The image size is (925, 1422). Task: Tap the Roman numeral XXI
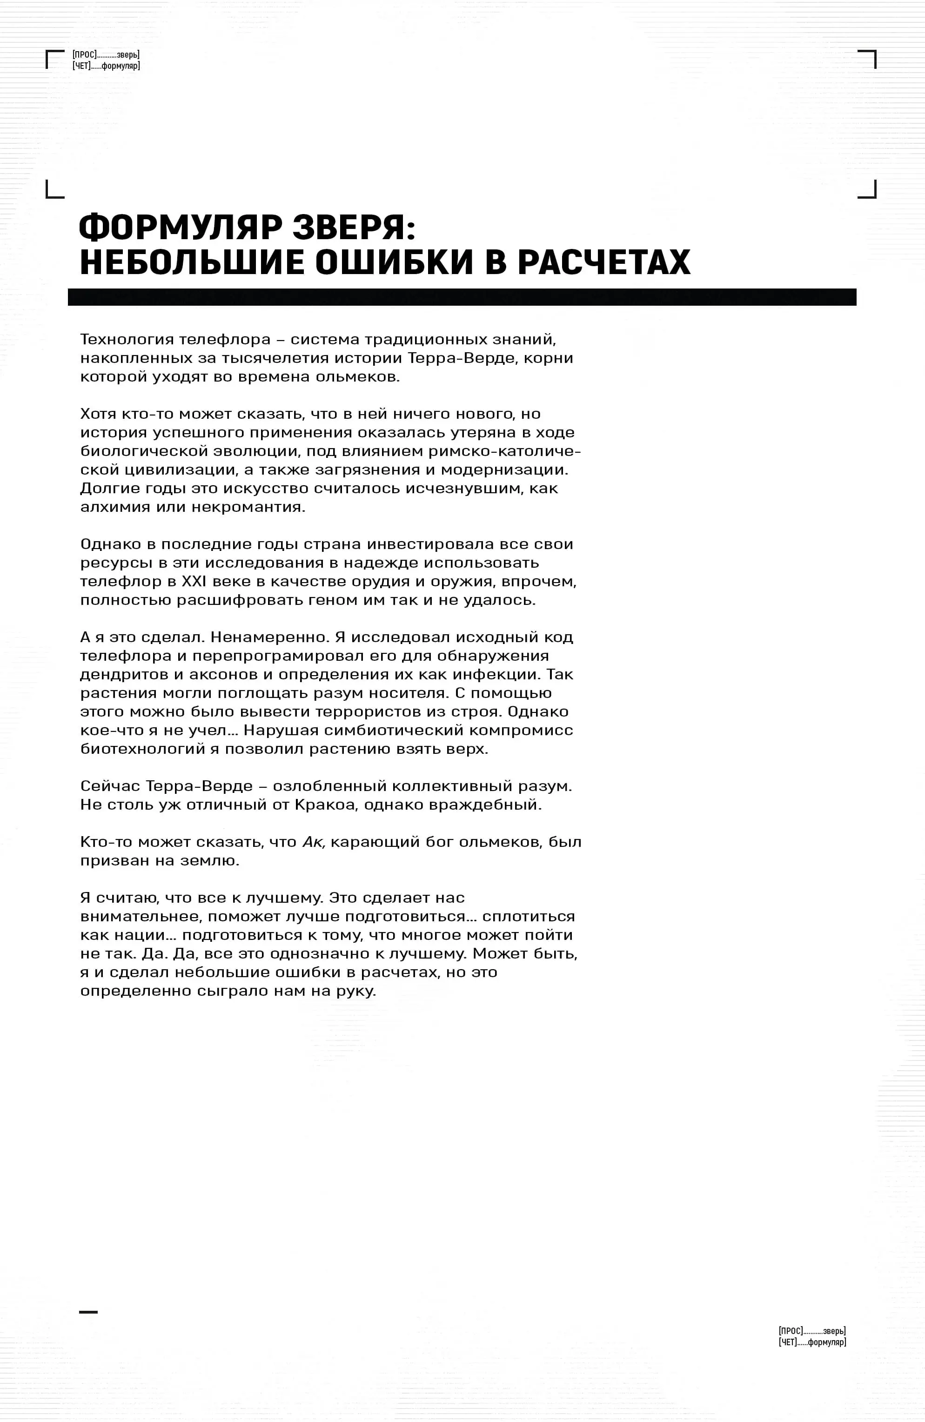pyautogui.click(x=194, y=581)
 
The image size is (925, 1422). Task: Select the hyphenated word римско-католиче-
pyautogui.click(x=504, y=451)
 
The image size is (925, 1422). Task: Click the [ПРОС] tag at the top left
pyautogui.click(x=84, y=55)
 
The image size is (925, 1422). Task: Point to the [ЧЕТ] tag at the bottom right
pyautogui.click(x=788, y=1342)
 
